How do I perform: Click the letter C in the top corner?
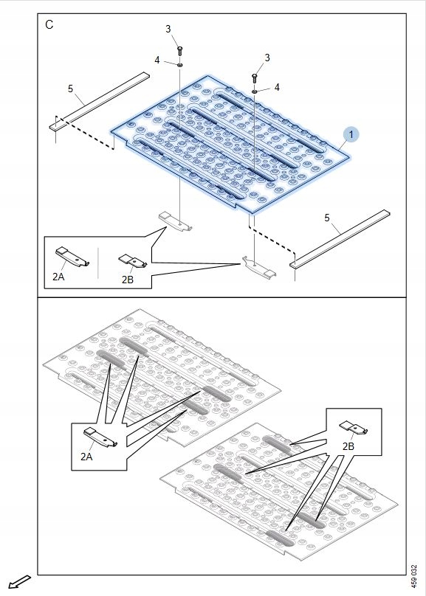coord(49,24)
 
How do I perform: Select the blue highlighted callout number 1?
coord(351,134)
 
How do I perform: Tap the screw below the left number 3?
coord(180,50)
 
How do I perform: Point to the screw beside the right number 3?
coord(255,77)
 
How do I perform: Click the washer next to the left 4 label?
coord(180,65)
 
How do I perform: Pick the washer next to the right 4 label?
coord(255,91)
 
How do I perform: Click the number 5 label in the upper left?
coord(70,89)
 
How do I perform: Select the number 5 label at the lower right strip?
coord(327,218)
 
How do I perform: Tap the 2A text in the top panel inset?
coord(58,277)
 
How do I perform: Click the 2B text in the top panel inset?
coord(128,280)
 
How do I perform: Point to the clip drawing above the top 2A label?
coord(72,257)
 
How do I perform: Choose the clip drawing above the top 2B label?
coord(133,260)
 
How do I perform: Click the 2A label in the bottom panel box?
coord(86,457)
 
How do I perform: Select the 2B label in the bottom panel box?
coord(348,446)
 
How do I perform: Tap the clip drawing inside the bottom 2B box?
coord(354,427)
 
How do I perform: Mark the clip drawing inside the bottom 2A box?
coord(100,437)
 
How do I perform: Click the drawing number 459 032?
coord(414,576)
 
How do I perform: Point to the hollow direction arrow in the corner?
coord(19,582)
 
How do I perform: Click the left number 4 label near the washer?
coord(157,60)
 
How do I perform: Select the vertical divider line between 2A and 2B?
coord(97,263)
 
